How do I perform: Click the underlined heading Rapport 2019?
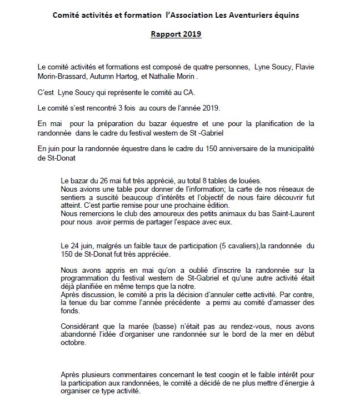176,34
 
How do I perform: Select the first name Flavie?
304,67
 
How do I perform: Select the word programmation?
86,278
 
